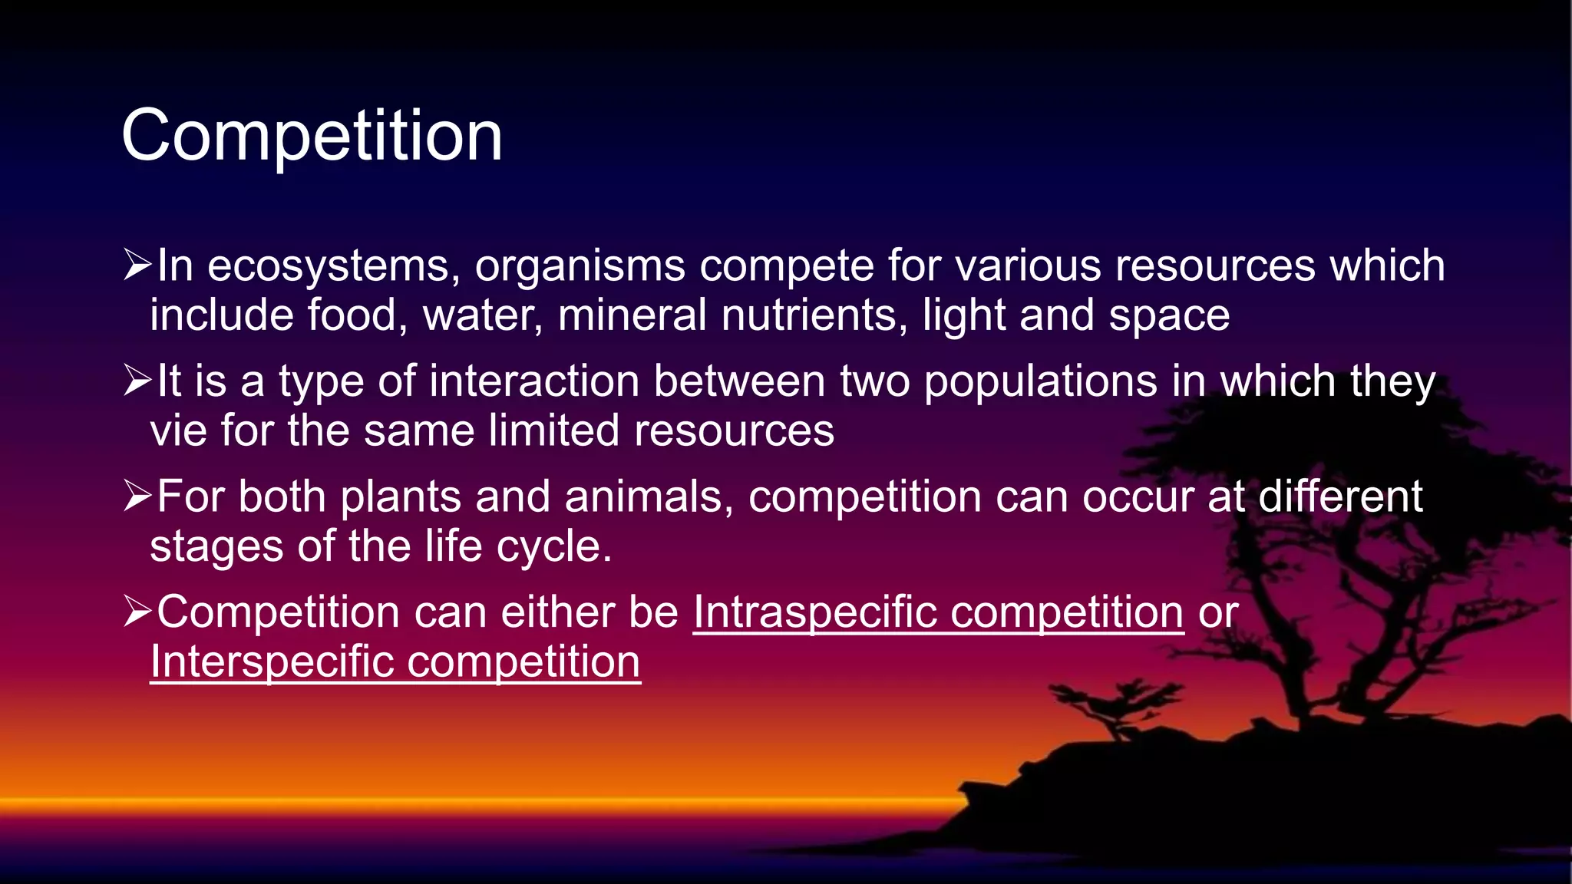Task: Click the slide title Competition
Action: (312, 136)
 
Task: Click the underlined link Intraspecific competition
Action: (938, 613)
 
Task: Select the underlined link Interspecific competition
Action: (395, 662)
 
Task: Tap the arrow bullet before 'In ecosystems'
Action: (137, 265)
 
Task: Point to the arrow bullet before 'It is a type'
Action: (137, 381)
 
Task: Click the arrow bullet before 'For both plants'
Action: (137, 496)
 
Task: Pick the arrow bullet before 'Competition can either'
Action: (137, 612)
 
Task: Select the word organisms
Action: (580, 266)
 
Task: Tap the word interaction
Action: (534, 381)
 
